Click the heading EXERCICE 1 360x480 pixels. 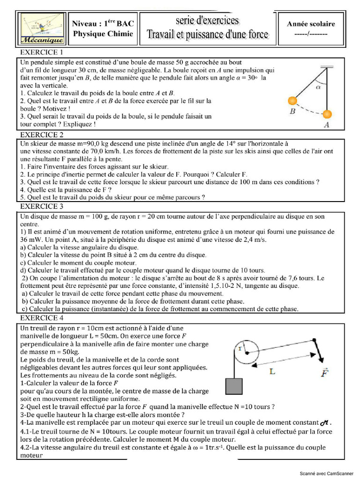click(42, 52)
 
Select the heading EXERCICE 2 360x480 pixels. click(42, 135)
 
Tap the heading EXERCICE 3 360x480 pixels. click(42, 206)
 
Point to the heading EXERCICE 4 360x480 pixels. click(42, 318)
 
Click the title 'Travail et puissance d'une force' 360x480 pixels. click(208, 34)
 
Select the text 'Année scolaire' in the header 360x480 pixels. click(311, 24)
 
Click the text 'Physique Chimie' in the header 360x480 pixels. click(103, 34)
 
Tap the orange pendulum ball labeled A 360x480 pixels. click(327, 114)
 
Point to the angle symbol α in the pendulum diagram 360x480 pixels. click(318, 87)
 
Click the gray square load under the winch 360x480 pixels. click(234, 385)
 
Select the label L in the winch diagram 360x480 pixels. click(272, 371)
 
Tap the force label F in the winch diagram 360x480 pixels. click(325, 374)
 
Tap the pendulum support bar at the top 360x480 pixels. click(326, 66)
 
